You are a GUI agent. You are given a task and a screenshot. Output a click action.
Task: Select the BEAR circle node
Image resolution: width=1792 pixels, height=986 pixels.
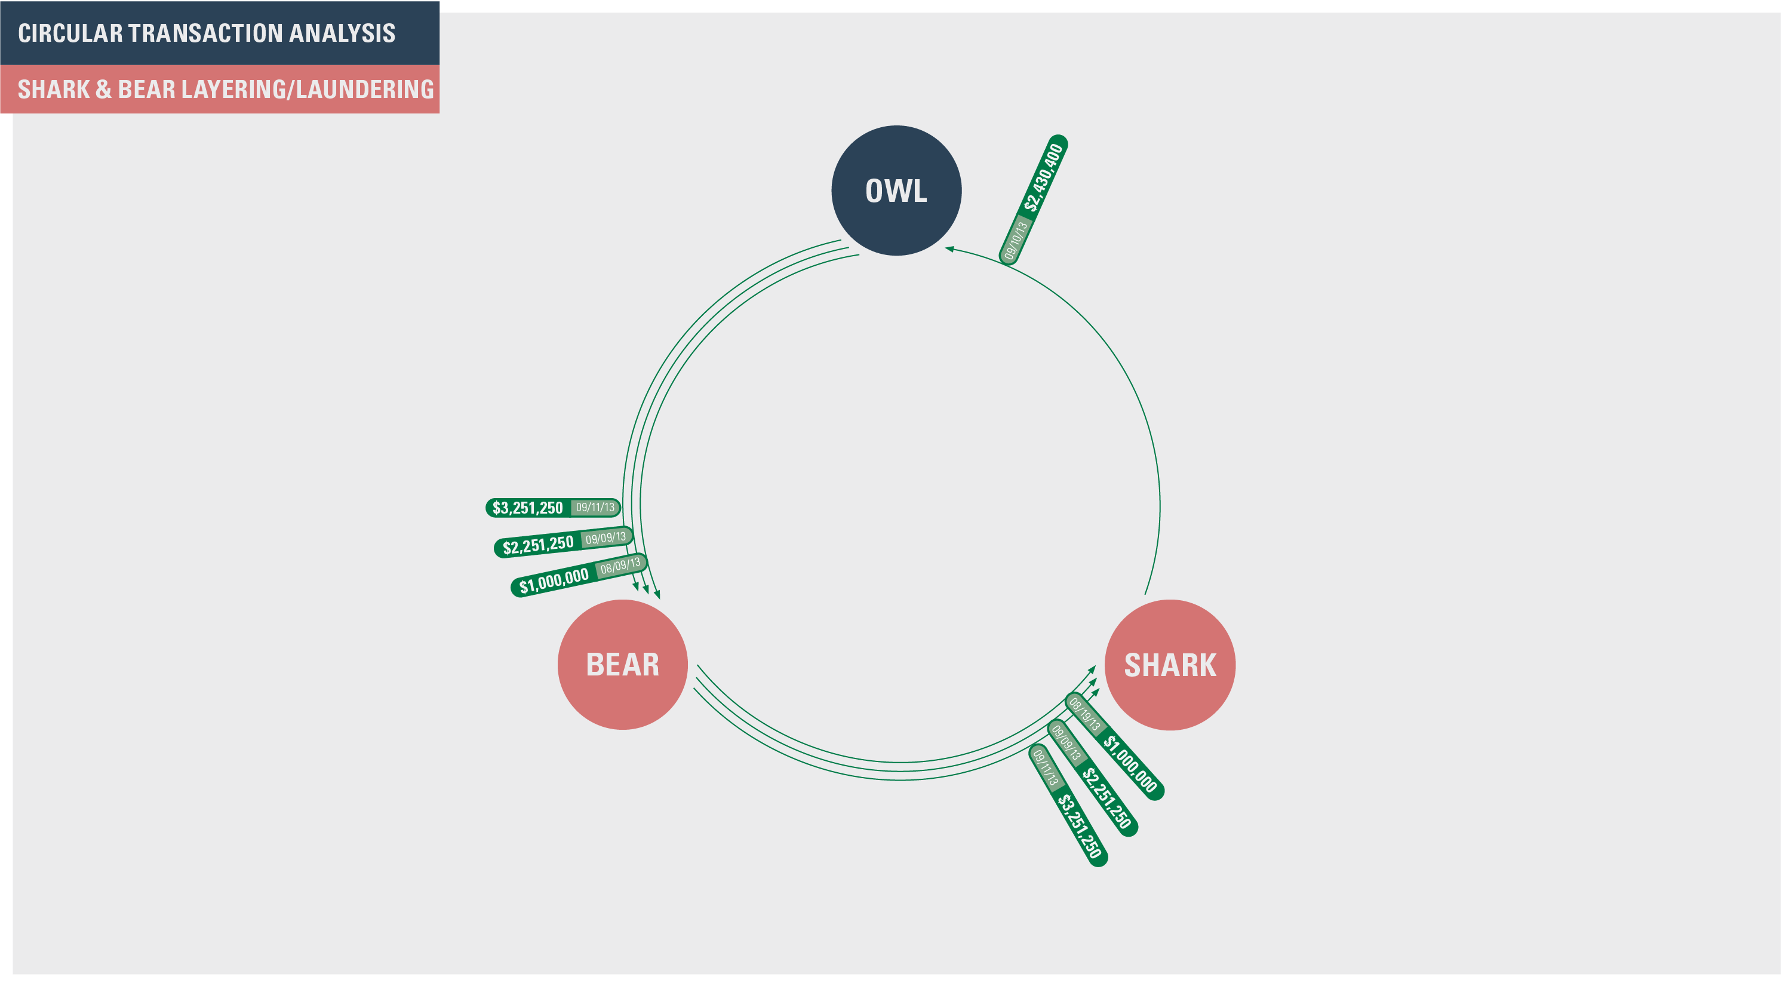coord(623,665)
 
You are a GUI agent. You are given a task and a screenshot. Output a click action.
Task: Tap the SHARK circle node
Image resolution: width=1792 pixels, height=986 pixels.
coord(1170,665)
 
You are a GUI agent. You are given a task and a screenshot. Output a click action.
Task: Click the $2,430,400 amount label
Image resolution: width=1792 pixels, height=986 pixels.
coord(1043,177)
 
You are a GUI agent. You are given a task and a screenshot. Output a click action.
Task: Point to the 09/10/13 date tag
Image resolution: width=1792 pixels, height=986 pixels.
coord(1016,241)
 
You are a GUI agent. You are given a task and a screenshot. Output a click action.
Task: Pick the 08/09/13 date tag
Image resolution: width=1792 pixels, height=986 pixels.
coord(620,566)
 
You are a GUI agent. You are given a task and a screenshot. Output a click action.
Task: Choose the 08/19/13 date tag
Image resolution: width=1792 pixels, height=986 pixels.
coord(1084,713)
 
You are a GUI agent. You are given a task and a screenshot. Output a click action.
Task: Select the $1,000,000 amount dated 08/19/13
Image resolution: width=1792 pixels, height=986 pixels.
coord(1130,764)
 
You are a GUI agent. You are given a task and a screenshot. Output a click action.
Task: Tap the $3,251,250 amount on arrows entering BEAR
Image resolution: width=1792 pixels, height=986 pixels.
coord(527,508)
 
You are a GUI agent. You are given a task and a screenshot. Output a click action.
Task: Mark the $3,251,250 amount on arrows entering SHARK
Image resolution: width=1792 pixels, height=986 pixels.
coord(1079,827)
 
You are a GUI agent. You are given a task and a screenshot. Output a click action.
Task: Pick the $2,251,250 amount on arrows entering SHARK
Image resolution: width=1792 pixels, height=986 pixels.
coord(1106,797)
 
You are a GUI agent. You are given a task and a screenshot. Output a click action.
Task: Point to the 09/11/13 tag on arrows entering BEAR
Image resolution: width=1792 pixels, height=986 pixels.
coord(595,507)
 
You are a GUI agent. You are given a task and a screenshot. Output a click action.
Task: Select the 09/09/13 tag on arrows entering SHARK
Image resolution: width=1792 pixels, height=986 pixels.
coord(1066,742)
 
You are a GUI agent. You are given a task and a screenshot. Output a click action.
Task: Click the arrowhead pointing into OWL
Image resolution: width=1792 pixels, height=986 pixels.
coord(949,248)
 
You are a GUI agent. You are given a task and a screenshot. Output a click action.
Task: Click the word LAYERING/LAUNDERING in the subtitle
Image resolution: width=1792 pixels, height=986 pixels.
coord(308,90)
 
